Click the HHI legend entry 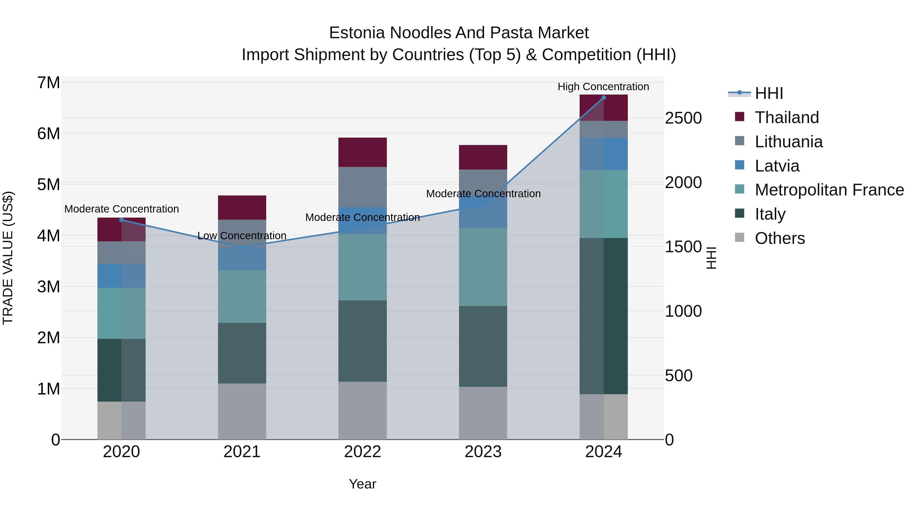pos(768,93)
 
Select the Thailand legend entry pos(786,117)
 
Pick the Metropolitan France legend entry pos(829,190)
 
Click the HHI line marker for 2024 pos(603,98)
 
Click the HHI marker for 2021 pos(242,247)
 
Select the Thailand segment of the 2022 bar pos(362,152)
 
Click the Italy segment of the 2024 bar pos(603,316)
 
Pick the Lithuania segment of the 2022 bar pos(362,187)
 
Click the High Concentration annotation pos(603,87)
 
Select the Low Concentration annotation pos(242,236)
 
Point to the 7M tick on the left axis pos(48,83)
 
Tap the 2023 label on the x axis pos(483,452)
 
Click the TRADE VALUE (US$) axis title pos(8,258)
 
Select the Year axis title pos(362,484)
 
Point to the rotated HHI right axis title pos(711,258)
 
